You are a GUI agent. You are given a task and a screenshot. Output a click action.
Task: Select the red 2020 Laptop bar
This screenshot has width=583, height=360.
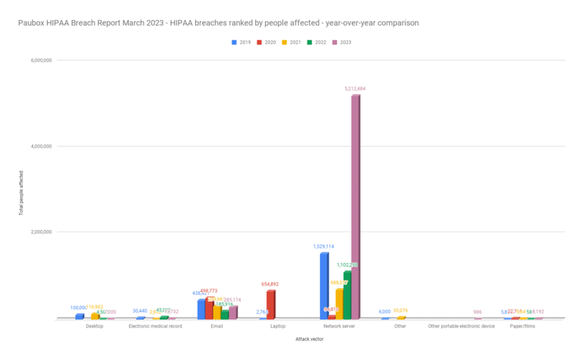[270, 304]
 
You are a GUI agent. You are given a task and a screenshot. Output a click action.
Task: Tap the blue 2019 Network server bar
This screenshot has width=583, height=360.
[324, 286]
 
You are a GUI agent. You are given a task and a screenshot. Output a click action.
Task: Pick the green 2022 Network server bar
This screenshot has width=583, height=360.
[347, 295]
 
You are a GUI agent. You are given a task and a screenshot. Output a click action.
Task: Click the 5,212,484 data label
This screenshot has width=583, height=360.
[355, 88]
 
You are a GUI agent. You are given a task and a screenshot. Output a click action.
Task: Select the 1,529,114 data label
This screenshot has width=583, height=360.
[324, 247]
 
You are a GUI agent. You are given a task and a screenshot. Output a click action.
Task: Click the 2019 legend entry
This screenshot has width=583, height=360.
[242, 42]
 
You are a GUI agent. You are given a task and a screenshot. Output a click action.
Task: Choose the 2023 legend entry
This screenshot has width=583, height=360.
[343, 42]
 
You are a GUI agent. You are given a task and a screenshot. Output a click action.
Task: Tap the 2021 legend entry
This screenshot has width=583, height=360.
[292, 42]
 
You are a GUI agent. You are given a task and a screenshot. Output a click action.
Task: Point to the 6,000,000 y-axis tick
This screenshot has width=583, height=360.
[42, 60]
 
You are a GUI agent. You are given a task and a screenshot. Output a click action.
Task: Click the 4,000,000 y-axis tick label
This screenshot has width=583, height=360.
[42, 146]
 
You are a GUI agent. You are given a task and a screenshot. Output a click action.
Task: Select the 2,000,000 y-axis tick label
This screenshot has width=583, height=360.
[42, 232]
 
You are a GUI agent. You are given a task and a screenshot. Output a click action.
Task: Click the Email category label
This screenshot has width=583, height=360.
[217, 326]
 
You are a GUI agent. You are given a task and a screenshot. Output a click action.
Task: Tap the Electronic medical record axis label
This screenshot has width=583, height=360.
[155, 326]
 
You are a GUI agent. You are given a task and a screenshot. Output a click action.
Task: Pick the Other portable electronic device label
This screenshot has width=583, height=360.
[461, 326]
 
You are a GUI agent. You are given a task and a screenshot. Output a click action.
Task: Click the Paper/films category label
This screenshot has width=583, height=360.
[522, 326]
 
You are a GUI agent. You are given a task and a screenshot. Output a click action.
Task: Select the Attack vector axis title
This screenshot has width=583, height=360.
[309, 339]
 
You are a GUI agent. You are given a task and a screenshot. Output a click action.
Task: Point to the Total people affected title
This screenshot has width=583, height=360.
[21, 193]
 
